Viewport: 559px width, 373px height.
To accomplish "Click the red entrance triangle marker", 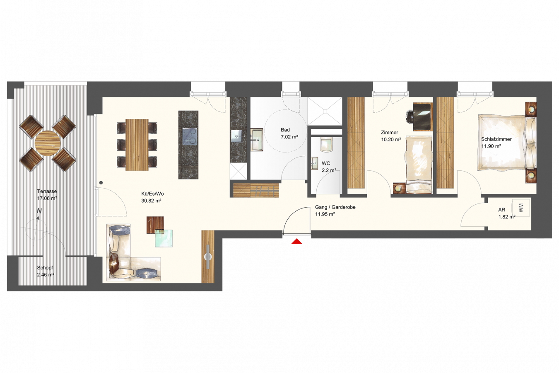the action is click(x=297, y=241).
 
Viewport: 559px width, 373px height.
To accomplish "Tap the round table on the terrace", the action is click(x=48, y=143).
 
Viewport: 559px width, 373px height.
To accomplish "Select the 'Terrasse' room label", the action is click(x=47, y=191).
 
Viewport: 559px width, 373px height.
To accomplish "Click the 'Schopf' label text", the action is click(x=45, y=268).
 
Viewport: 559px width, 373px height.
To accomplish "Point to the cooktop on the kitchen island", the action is click(x=190, y=136).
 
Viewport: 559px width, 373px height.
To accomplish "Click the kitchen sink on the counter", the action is click(x=236, y=136).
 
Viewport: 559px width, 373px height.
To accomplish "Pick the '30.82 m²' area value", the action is click(x=151, y=201).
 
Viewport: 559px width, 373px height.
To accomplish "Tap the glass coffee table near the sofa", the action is click(x=164, y=238).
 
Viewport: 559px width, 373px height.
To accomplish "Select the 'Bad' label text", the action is click(x=285, y=130).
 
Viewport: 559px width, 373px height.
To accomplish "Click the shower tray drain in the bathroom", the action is click(x=325, y=111).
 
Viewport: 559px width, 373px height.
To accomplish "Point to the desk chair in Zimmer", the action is click(x=410, y=117).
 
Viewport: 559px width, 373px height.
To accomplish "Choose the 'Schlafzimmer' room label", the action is click(x=496, y=139).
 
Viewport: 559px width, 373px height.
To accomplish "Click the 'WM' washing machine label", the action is click(x=520, y=208).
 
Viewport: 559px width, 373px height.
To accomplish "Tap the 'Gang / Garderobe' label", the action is click(x=335, y=207).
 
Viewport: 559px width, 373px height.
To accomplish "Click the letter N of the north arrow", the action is click(x=39, y=211).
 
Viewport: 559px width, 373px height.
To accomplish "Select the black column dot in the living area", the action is click(x=101, y=183).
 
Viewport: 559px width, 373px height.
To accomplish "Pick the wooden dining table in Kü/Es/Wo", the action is click(x=137, y=145).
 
